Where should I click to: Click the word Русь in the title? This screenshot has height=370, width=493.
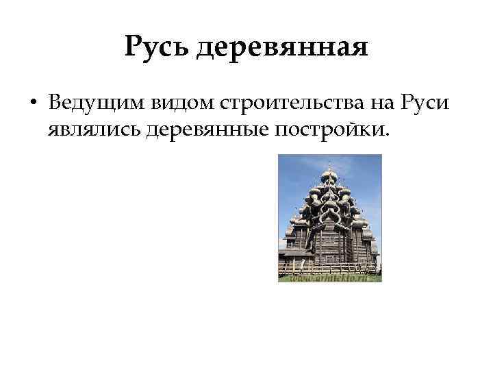coord(157,49)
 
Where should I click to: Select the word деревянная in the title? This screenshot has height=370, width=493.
coord(281,49)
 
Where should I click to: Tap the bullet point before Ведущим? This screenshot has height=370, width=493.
coord(32,103)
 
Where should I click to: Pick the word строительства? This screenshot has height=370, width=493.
coord(277,103)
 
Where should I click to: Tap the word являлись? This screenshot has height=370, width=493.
coord(94,129)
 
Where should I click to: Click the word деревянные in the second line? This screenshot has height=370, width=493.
coord(205,129)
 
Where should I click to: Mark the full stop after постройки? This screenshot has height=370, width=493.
coord(385,134)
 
